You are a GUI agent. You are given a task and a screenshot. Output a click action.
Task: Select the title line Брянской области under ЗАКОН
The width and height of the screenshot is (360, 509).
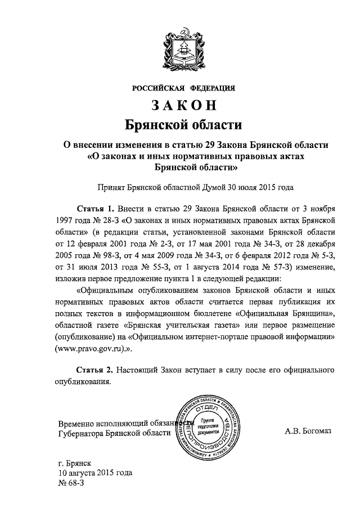(183, 123)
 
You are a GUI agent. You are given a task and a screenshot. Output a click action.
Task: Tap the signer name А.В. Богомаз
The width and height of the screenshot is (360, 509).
(309, 432)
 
